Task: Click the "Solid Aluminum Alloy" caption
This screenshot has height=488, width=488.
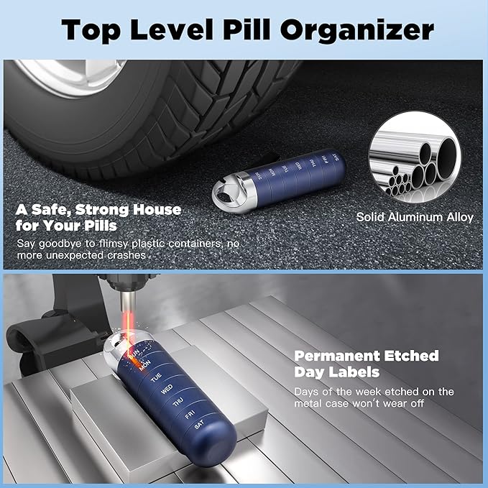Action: pyautogui.click(x=415, y=216)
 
